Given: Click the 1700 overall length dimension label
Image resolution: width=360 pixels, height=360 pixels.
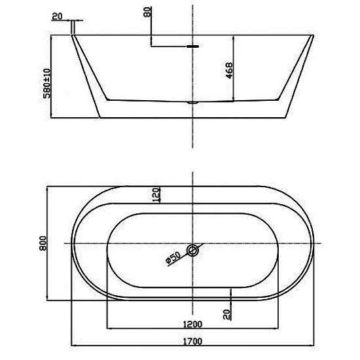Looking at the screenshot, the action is pyautogui.click(x=192, y=342).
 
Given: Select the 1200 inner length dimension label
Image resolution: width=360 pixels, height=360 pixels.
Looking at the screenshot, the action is pyautogui.click(x=192, y=324).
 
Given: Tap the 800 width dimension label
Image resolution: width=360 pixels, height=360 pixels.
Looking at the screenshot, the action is pyautogui.click(x=43, y=243).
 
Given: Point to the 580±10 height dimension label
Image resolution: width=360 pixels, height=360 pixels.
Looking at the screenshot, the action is pyautogui.click(x=46, y=83).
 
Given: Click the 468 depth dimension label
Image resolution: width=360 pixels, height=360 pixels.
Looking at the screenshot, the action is pyautogui.click(x=229, y=71).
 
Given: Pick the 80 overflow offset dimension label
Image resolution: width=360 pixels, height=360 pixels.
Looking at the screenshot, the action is pyautogui.click(x=147, y=12).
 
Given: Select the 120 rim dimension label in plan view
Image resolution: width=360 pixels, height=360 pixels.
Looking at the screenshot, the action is pyautogui.click(x=156, y=195).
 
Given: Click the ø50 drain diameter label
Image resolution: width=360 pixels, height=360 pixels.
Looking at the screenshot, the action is pyautogui.click(x=173, y=257).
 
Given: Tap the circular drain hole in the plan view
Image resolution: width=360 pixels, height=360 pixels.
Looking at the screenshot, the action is pyautogui.click(x=192, y=250).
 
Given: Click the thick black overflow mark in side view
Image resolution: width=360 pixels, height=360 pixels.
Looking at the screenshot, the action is pyautogui.click(x=192, y=46).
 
